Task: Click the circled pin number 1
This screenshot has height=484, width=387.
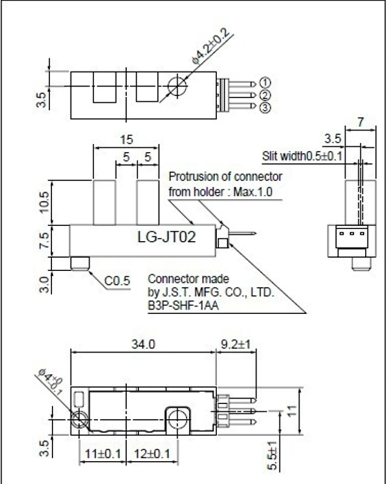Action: tap(265, 82)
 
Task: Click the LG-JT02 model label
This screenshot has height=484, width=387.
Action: tap(167, 238)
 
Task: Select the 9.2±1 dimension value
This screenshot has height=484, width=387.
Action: tap(236, 344)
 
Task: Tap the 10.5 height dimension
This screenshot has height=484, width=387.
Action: tap(43, 202)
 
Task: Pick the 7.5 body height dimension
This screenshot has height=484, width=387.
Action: tap(43, 240)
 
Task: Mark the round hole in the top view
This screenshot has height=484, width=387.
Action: tap(177, 87)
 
